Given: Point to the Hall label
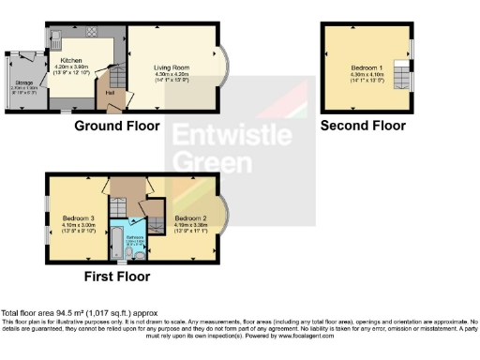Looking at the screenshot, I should [x=111, y=92].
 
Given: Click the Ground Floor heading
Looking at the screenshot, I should [x=118, y=126].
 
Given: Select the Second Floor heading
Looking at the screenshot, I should [x=363, y=126].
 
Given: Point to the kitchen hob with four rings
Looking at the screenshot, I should [x=94, y=32].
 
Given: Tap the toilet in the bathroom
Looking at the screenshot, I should [x=138, y=254].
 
